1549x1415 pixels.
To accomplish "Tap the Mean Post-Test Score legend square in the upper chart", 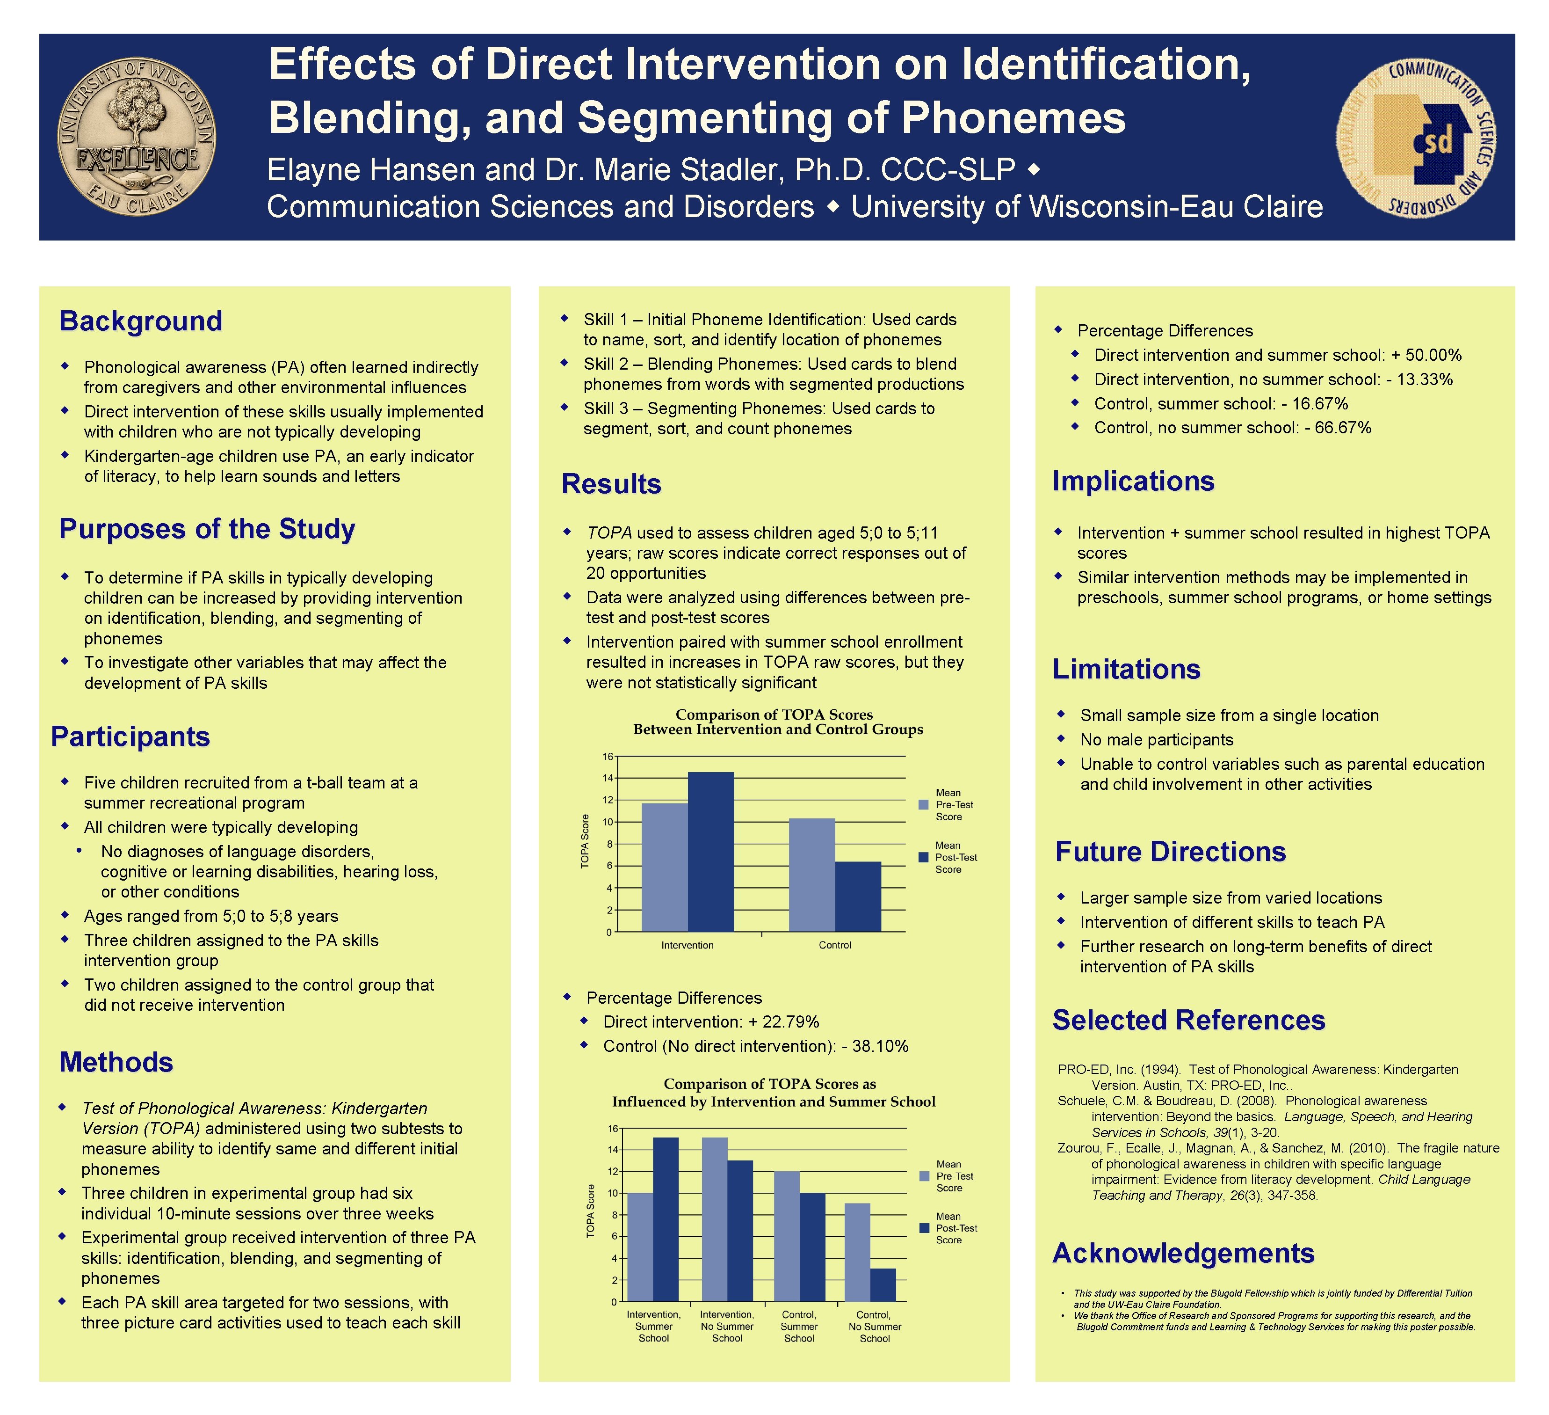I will (x=924, y=857).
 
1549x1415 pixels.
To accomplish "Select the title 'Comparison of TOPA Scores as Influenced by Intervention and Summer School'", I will (x=773, y=1092).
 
